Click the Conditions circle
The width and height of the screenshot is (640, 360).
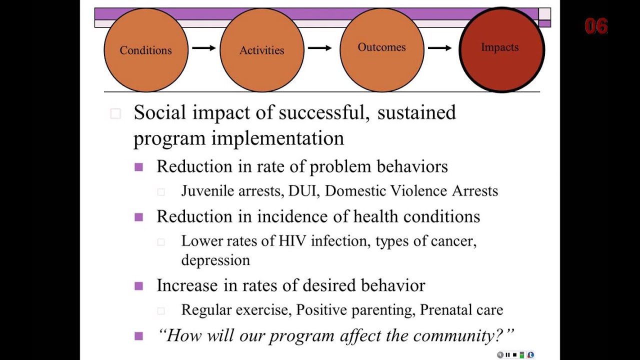146,50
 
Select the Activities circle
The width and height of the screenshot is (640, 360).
261,50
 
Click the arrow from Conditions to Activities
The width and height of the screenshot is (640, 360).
203,48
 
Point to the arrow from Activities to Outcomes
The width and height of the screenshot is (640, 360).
319,48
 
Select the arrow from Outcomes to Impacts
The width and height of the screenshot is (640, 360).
439,48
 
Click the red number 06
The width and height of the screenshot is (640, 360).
596,26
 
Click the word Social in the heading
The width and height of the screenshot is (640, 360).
160,112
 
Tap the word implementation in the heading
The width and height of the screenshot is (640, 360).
277,138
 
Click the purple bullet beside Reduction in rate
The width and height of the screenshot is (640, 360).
139,167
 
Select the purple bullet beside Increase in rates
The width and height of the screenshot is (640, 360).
139,286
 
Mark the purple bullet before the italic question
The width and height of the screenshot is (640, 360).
139,336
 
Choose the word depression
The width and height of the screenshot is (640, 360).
215,260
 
